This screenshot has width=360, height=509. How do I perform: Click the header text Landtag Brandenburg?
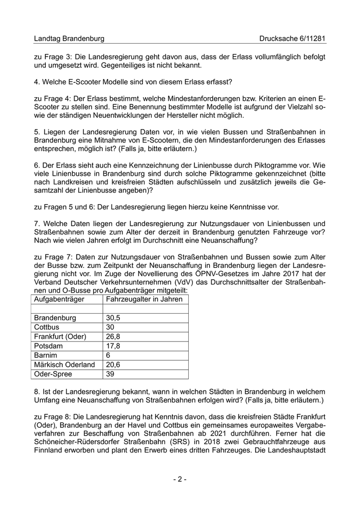69,39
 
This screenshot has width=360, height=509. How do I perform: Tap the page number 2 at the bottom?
179,479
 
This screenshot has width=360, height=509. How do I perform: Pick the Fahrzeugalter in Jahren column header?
144,299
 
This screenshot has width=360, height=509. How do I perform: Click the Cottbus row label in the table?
46,327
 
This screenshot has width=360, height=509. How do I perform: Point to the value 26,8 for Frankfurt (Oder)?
113,336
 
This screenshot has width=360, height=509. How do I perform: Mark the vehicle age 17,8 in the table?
113,346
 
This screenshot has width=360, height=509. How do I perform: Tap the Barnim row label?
46,355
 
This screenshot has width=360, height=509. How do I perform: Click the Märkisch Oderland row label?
64,365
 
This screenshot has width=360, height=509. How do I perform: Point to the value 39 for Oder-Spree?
110,374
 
